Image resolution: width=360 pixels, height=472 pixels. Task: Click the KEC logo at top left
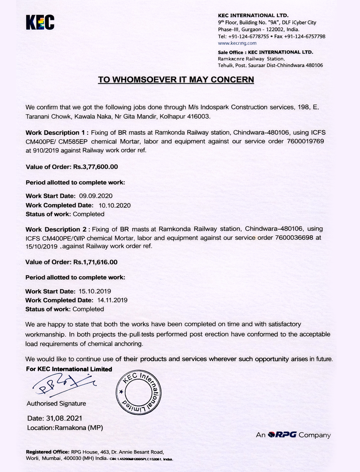pos(40,22)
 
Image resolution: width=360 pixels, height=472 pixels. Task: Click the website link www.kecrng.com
pos(237,43)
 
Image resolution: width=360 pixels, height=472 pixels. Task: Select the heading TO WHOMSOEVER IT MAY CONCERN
pos(176,79)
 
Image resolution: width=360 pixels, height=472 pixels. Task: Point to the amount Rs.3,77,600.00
pos(95,167)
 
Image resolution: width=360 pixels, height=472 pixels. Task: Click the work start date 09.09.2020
pos(96,196)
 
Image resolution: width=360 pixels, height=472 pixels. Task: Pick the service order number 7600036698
pos(294,238)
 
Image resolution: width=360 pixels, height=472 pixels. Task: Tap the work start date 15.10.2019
pos(95,291)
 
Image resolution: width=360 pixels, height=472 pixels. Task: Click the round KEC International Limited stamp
pos(139,391)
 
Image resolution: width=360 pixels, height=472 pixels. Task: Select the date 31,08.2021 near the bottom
pos(64,418)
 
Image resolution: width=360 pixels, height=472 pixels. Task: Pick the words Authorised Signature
pos(56,404)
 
